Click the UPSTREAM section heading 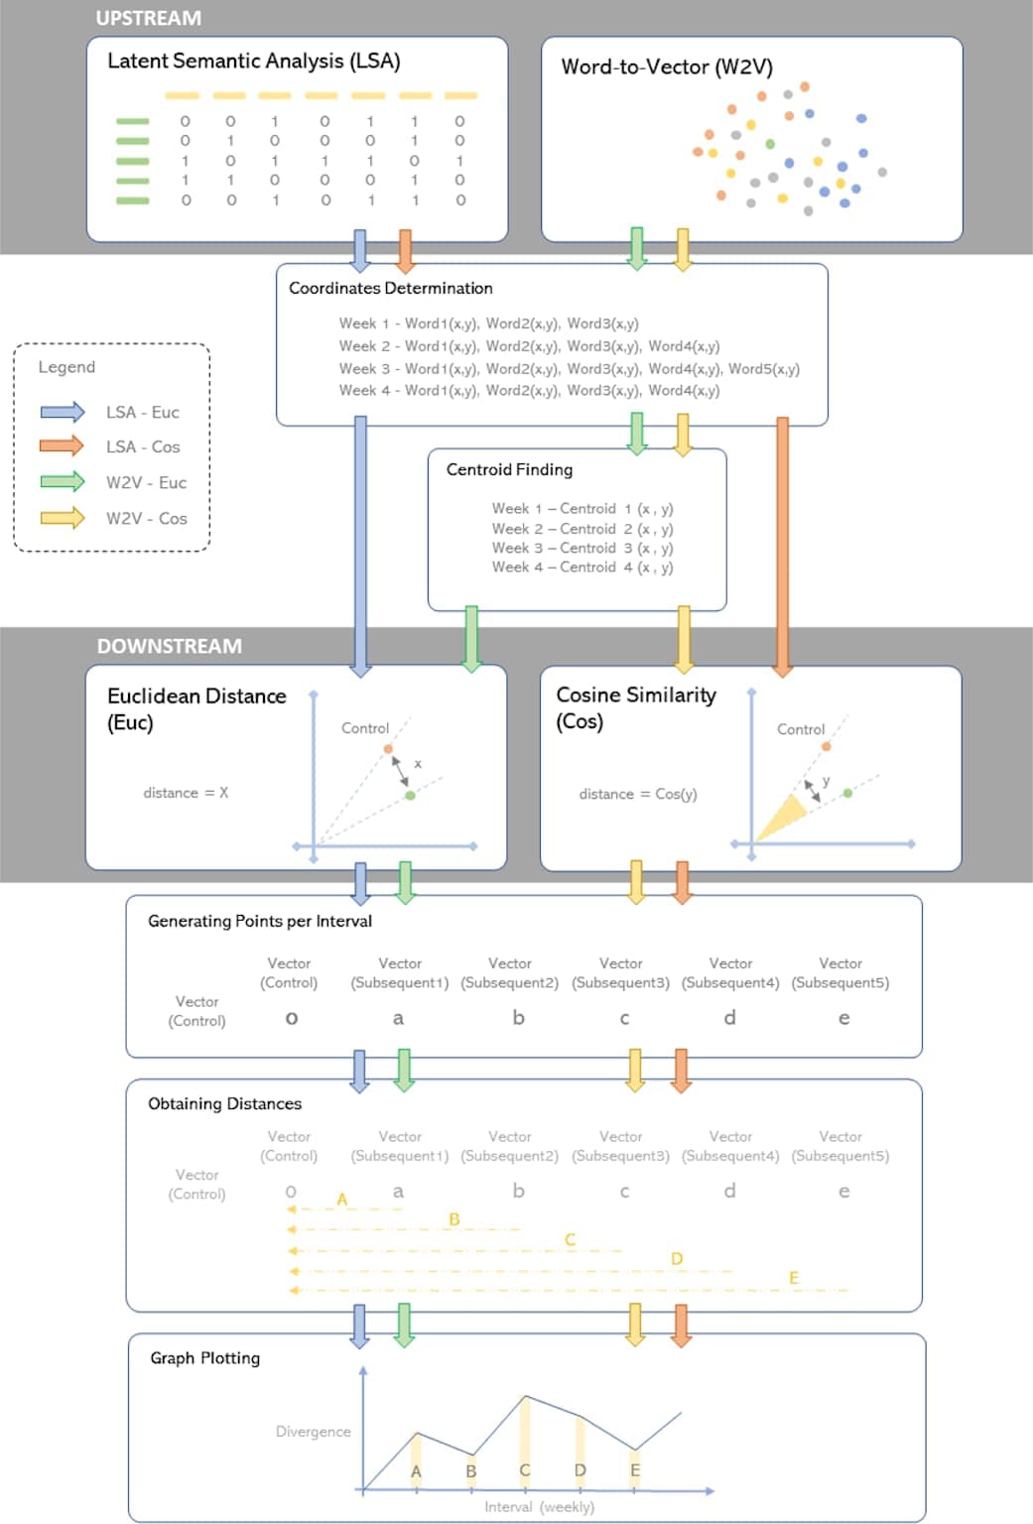(x=148, y=18)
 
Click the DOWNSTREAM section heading (x=169, y=646)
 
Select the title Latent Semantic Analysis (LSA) (x=253, y=62)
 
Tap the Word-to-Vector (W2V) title (x=666, y=67)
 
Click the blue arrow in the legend (x=63, y=412)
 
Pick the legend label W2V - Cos (x=146, y=518)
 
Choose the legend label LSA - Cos (x=143, y=446)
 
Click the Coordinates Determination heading (x=390, y=288)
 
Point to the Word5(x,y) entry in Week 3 (x=763, y=368)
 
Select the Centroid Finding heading (x=509, y=469)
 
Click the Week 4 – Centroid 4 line (x=581, y=568)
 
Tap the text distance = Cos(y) (x=638, y=794)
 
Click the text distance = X (x=186, y=793)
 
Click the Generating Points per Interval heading (x=260, y=921)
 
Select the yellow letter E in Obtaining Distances (x=794, y=1277)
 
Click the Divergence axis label (x=313, y=1431)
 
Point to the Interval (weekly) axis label (x=539, y=1506)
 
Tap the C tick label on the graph (x=525, y=1469)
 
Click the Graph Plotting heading (x=204, y=1358)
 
